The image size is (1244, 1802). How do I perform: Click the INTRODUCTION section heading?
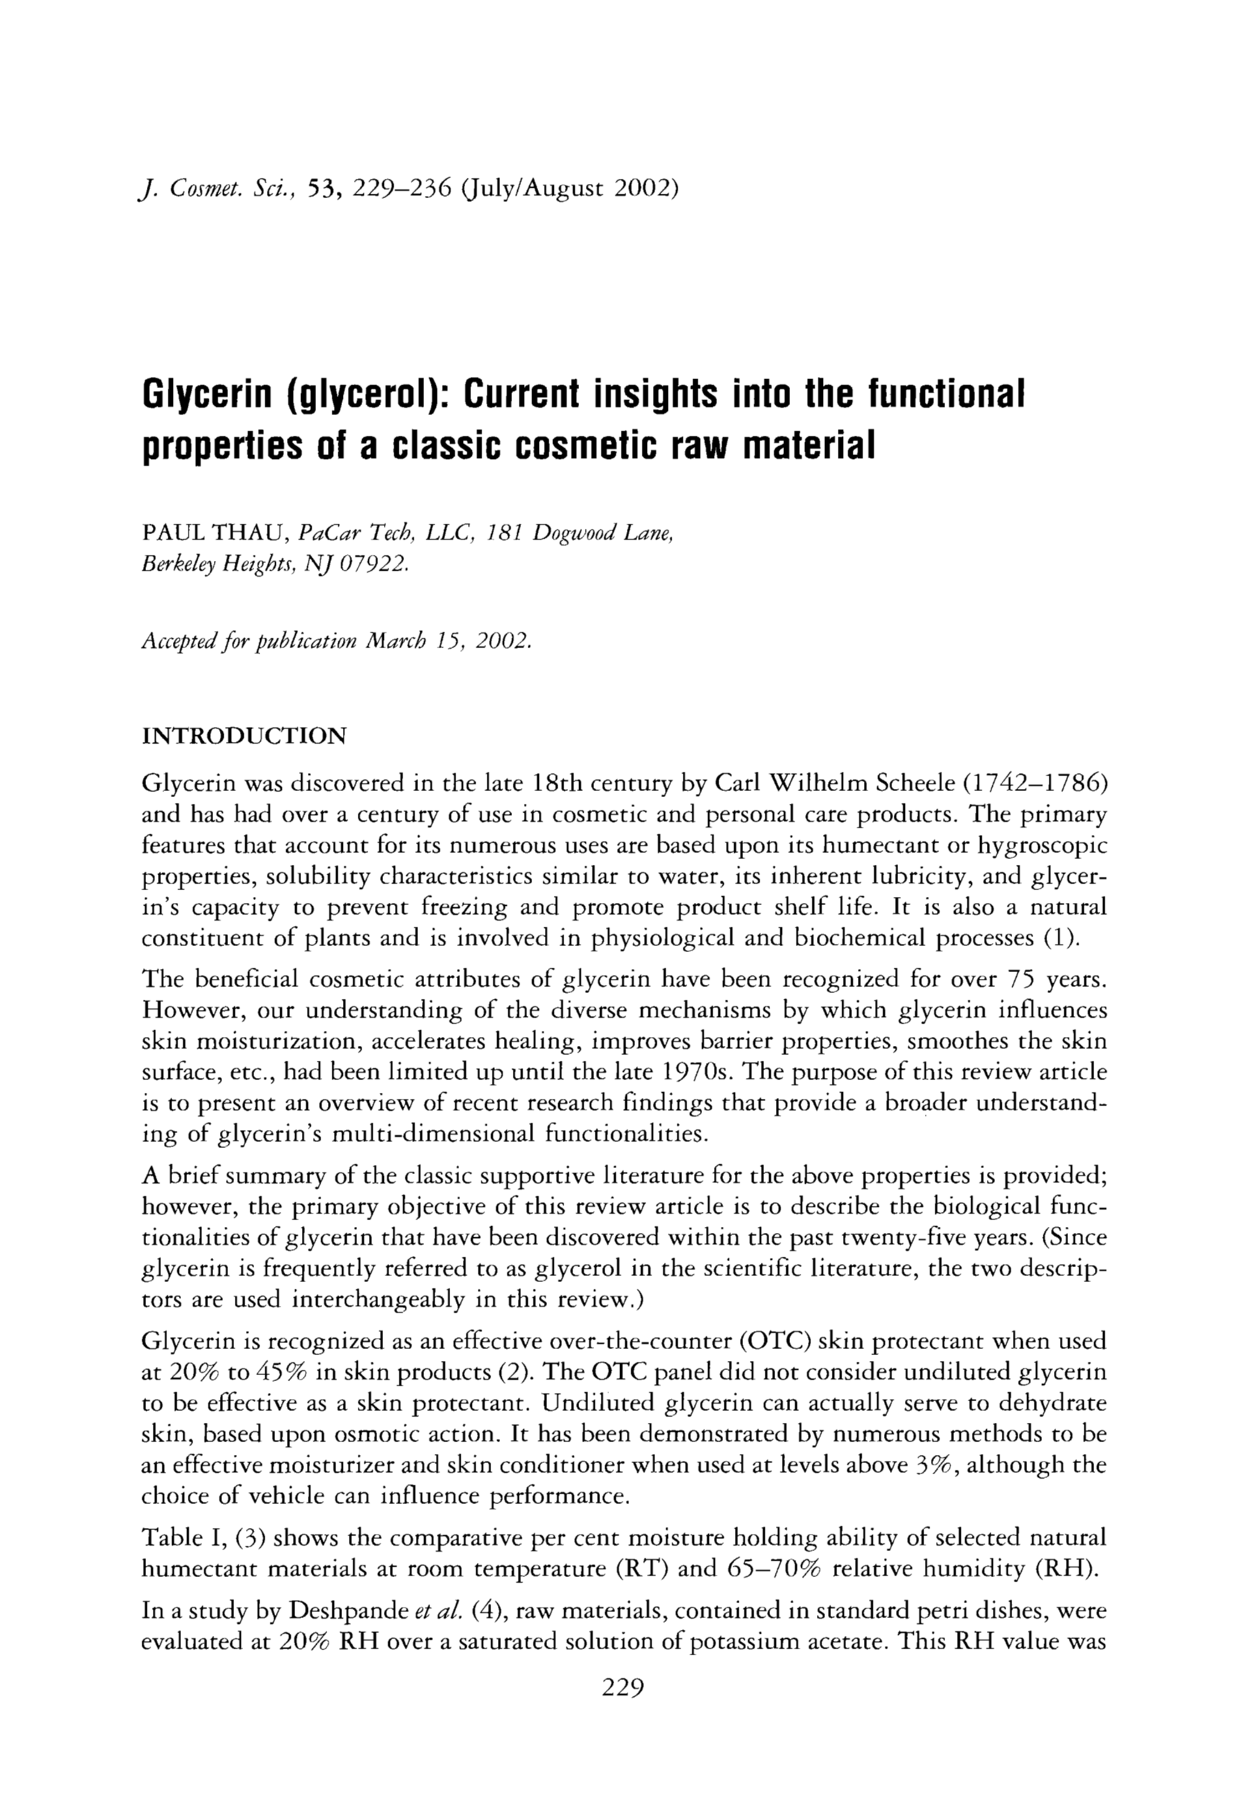[244, 735]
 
